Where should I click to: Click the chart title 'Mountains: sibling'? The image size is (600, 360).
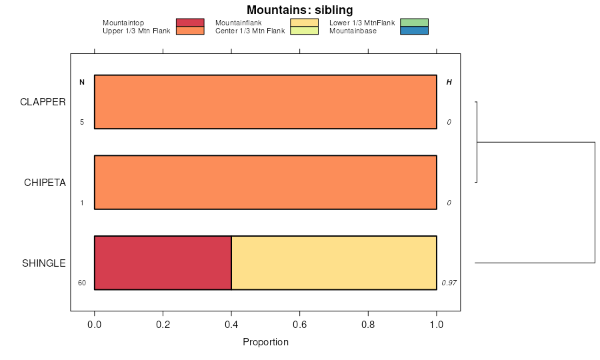[299, 10]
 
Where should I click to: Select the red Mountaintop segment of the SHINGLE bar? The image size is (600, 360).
[163, 263]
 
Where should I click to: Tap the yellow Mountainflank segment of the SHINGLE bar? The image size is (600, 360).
[333, 263]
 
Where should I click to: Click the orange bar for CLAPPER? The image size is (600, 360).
[265, 102]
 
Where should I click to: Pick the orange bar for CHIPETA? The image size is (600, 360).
[265, 182]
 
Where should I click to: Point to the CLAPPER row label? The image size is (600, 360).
[43, 102]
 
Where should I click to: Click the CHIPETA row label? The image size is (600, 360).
[45, 183]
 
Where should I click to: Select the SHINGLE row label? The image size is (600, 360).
[44, 263]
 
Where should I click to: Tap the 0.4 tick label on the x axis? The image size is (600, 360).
[231, 325]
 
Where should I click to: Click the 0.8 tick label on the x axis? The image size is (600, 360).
[368, 325]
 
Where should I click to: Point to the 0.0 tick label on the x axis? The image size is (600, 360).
[95, 325]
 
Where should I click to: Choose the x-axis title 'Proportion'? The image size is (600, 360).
[265, 343]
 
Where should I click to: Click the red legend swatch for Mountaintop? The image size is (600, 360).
[190, 23]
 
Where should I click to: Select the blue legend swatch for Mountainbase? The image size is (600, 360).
[414, 31]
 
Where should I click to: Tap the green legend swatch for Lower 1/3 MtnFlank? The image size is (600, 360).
[414, 23]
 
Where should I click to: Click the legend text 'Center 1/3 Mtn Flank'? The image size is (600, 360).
[250, 31]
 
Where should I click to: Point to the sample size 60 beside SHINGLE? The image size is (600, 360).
[82, 283]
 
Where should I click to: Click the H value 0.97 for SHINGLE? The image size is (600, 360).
[449, 283]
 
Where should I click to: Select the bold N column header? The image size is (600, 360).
[82, 83]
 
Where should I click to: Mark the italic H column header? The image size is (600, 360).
[449, 83]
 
